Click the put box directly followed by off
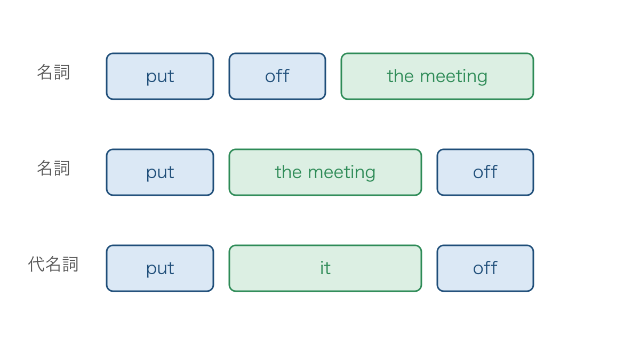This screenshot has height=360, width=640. pyautogui.click(x=160, y=76)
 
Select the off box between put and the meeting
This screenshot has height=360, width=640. pyautogui.click(x=277, y=76)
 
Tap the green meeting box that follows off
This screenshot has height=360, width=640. pyautogui.click(x=437, y=76)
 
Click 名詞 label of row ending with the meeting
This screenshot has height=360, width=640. pyautogui.click(x=53, y=72)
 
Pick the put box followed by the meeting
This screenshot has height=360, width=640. pyautogui.click(x=160, y=172)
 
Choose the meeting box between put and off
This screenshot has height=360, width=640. pyautogui.click(x=325, y=172)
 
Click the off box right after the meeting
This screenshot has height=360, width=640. pyautogui.click(x=485, y=172)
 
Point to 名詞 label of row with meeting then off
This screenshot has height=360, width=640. pyautogui.click(x=53, y=168)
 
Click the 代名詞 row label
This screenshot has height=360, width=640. pyautogui.click(x=53, y=264)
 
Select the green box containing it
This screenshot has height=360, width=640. pyautogui.click(x=325, y=268)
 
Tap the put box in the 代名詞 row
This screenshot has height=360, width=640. pyautogui.click(x=160, y=268)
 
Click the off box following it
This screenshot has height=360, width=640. pyautogui.click(x=485, y=268)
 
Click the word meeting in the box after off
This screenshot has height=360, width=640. pyautogui.click(x=453, y=77)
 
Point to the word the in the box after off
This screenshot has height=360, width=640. pyautogui.click(x=401, y=76)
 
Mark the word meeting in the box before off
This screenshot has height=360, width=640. pyautogui.click(x=341, y=173)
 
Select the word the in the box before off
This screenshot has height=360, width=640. pyautogui.click(x=289, y=172)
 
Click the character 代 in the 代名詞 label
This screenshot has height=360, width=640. pyautogui.click(x=36, y=264)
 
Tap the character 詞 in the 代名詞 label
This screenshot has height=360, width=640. pyautogui.click(x=70, y=264)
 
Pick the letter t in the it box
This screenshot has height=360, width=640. pyautogui.click(x=327, y=269)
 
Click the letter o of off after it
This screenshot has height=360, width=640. pyautogui.click(x=478, y=269)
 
